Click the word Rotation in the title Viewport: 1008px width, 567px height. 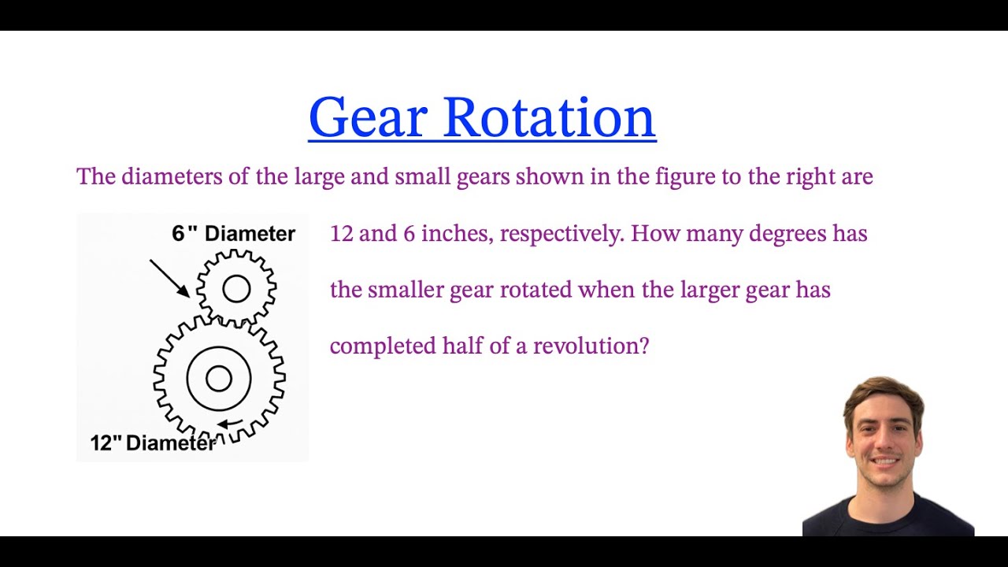549,118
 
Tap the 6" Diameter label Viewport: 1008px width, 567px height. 233,233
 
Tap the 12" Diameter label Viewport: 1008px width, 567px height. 153,443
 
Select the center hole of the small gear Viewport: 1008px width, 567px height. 236,289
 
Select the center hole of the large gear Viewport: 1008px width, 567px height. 219,379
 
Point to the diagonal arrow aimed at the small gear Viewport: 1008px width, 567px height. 169,278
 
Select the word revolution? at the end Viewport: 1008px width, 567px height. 591,346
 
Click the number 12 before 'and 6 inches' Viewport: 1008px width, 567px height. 341,234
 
